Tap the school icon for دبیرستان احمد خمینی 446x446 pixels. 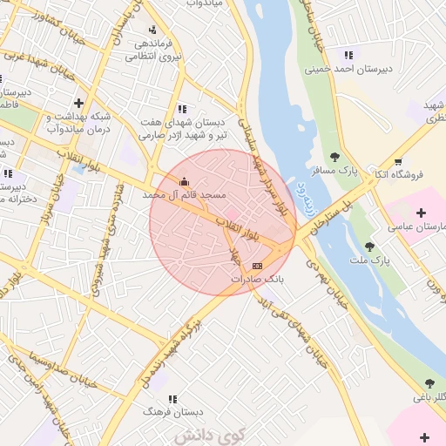point(348,55)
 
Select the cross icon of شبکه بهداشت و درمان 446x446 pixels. point(79,103)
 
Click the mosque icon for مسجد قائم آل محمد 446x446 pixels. point(184,182)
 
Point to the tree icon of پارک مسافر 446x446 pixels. point(335,156)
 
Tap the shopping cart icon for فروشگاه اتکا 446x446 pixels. point(398,161)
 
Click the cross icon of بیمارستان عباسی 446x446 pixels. point(422,213)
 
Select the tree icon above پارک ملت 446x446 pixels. point(369,247)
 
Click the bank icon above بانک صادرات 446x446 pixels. point(256,265)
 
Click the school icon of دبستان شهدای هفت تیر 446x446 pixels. point(182,109)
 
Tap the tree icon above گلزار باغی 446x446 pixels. point(429,383)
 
